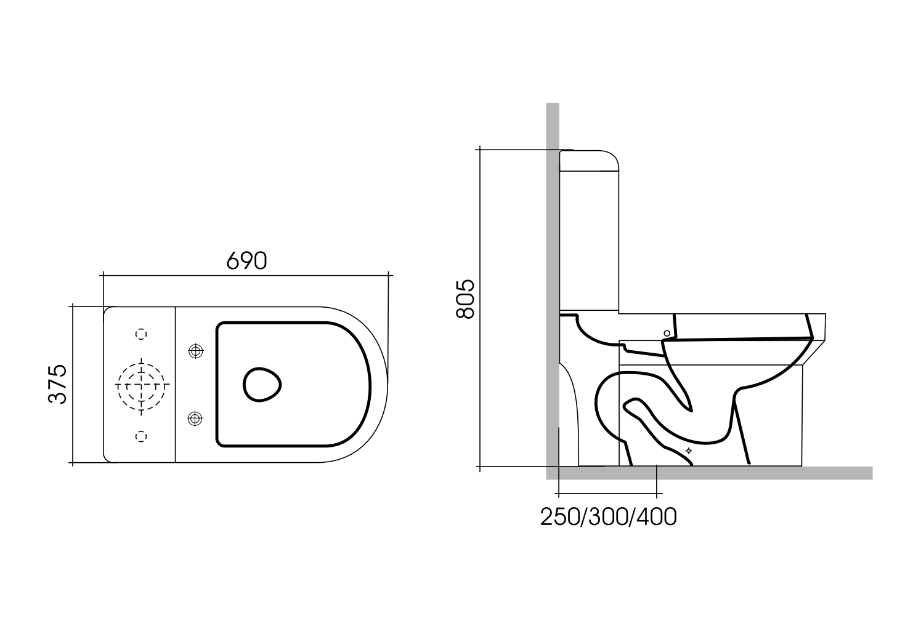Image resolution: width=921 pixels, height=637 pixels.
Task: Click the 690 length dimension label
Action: pyautogui.click(x=246, y=261)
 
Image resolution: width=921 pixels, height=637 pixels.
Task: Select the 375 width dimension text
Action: pyautogui.click(x=57, y=384)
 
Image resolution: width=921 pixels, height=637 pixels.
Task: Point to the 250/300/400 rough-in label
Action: pyautogui.click(x=608, y=518)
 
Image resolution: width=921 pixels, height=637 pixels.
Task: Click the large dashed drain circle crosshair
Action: pyautogui.click(x=142, y=384)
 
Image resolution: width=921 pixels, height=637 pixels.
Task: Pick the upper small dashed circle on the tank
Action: pyautogui.click(x=142, y=333)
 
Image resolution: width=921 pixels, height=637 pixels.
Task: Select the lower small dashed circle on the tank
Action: pyautogui.click(x=142, y=436)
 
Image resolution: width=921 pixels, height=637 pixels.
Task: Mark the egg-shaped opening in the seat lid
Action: pyautogui.click(x=262, y=385)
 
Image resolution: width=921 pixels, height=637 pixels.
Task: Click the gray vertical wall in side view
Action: pyautogui.click(x=553, y=277)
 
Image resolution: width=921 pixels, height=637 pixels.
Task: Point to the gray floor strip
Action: pyautogui.click(x=708, y=473)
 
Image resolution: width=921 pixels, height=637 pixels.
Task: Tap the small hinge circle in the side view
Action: pyautogui.click(x=667, y=333)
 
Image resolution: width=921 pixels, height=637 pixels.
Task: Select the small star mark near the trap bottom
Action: pyautogui.click(x=689, y=451)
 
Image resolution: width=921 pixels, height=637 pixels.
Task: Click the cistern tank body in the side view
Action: pyautogui.click(x=588, y=234)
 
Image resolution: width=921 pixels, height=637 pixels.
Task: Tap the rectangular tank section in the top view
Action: pyautogui.click(x=140, y=384)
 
